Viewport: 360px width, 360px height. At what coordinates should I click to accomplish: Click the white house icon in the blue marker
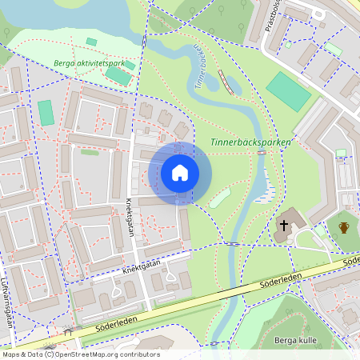tap(180, 173)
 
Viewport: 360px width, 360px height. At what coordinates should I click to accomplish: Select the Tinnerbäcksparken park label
tap(250, 142)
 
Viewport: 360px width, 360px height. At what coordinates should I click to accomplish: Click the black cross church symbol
tap(282, 226)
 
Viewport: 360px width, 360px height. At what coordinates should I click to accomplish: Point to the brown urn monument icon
tap(344, 227)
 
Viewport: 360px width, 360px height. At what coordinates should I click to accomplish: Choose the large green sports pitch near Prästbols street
tap(288, 92)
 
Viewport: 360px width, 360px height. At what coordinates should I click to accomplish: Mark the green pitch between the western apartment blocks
tap(46, 113)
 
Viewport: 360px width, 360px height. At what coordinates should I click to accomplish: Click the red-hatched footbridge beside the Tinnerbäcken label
tap(226, 82)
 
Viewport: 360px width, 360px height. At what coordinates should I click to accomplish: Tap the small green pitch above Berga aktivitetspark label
tap(91, 42)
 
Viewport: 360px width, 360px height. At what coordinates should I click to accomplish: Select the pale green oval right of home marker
tap(219, 197)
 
